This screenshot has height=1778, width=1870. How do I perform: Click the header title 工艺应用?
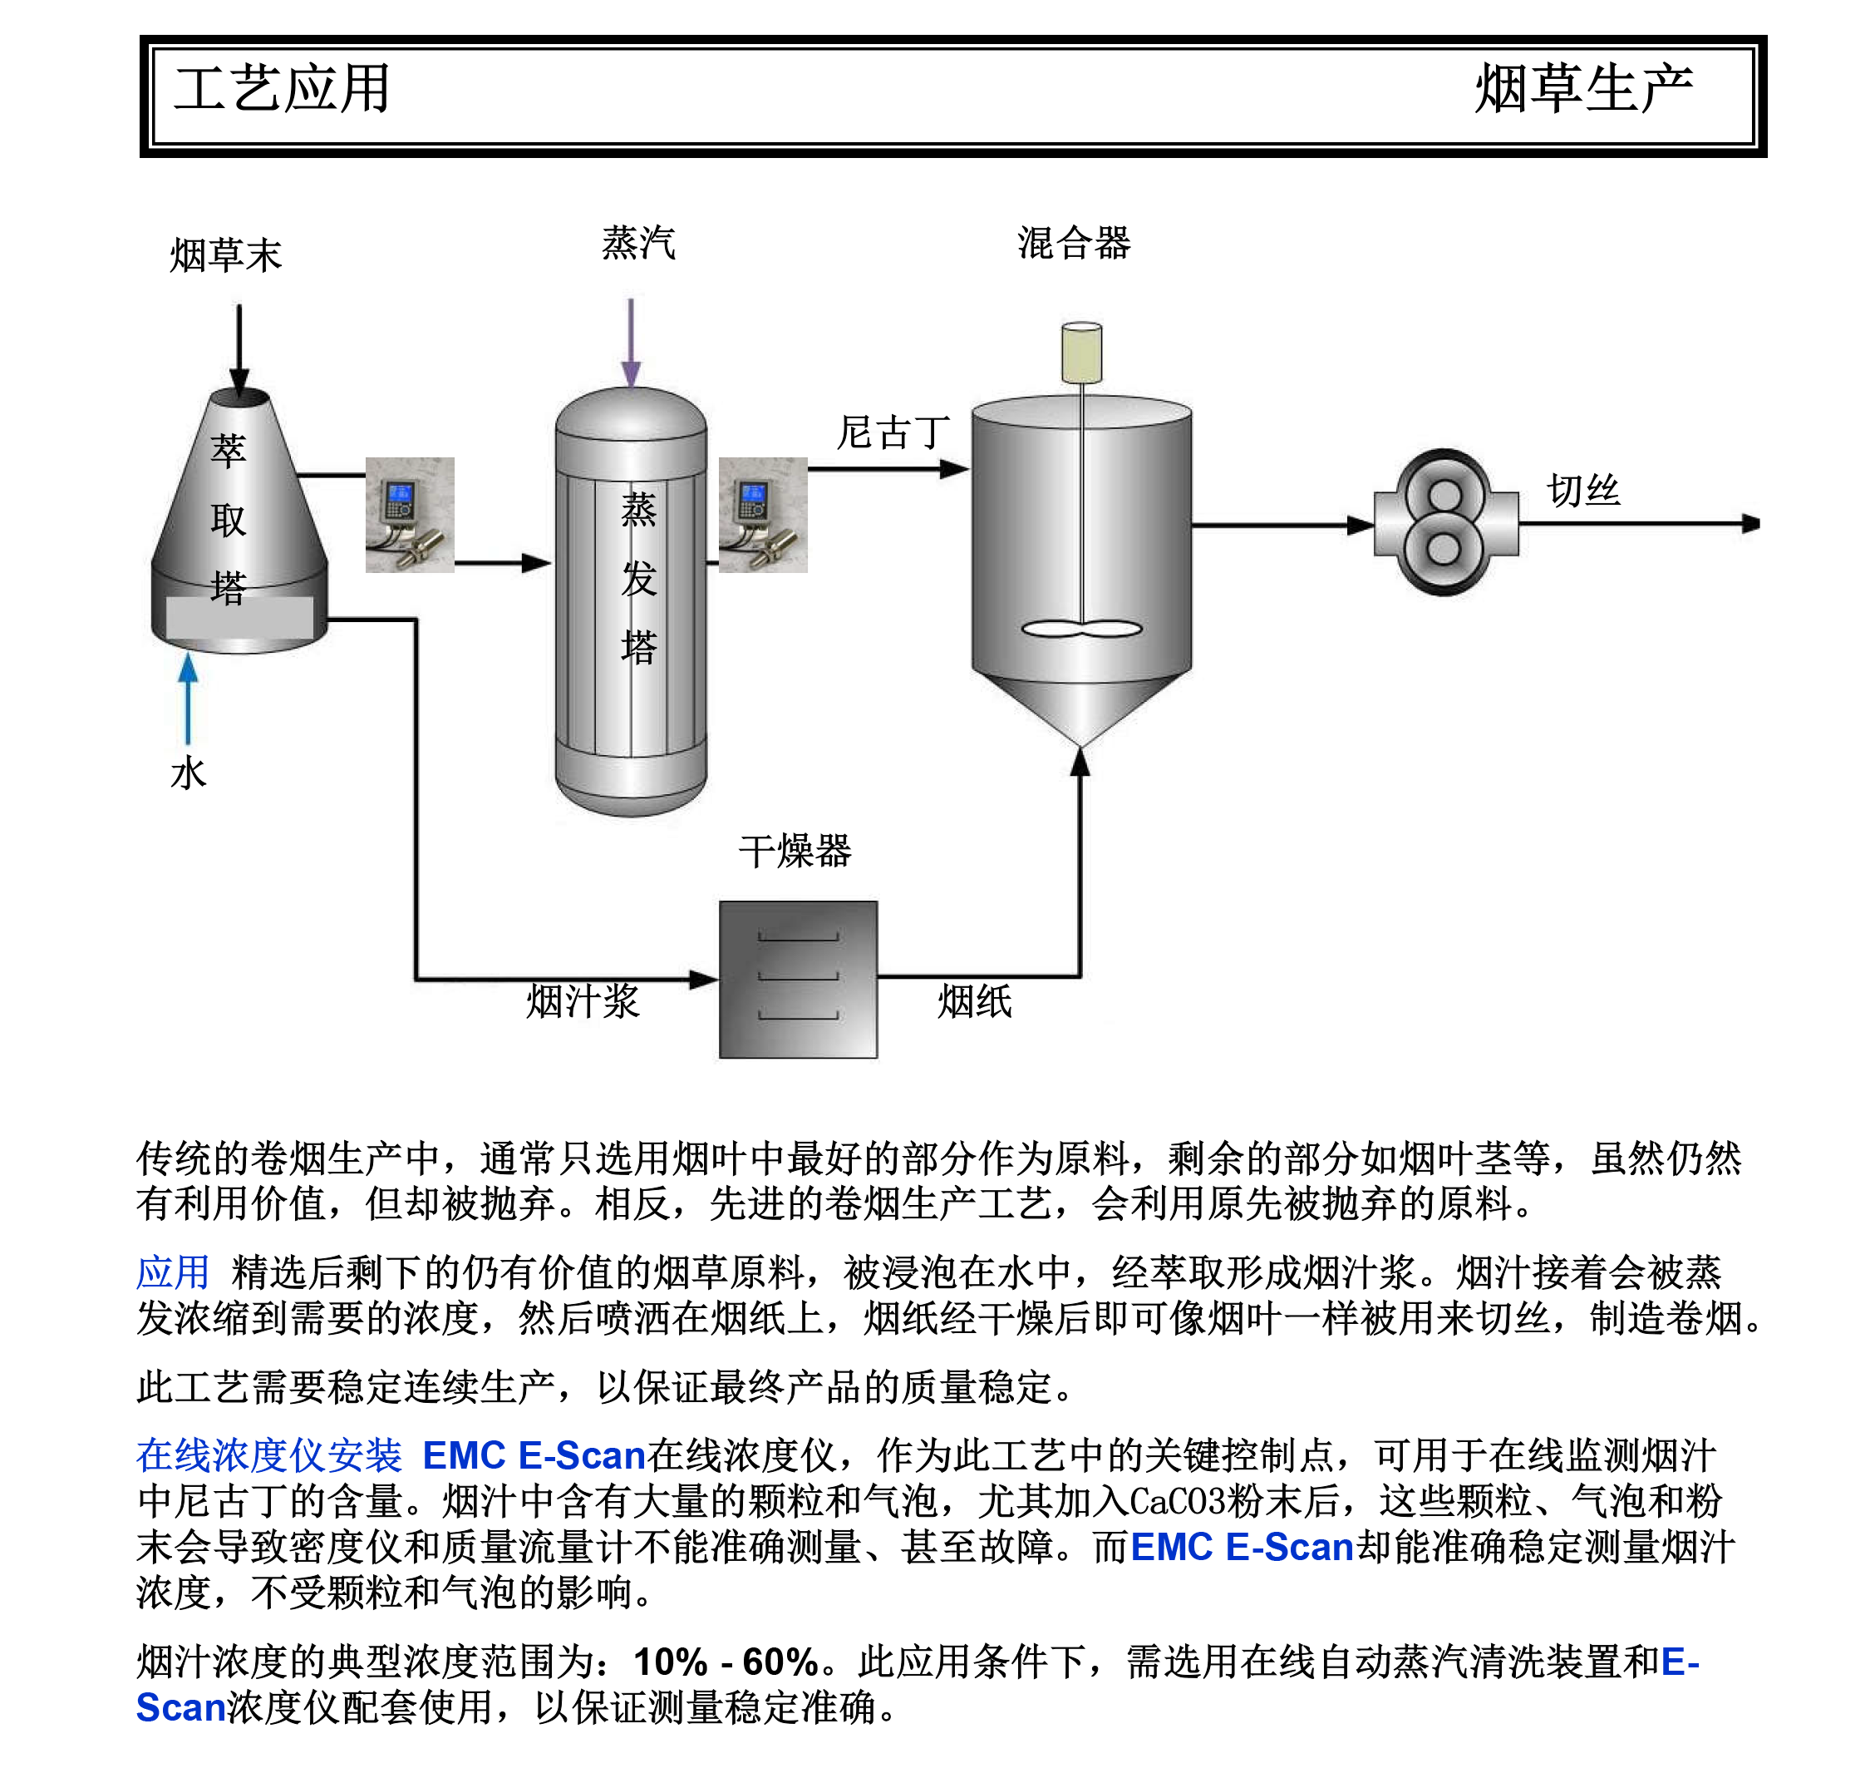pyautogui.click(x=282, y=89)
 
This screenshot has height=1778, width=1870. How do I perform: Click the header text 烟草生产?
pyautogui.click(x=1583, y=89)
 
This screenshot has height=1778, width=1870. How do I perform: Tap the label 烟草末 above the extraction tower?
pyautogui.click(x=225, y=255)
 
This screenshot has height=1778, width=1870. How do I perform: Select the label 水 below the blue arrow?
pyautogui.click(x=188, y=773)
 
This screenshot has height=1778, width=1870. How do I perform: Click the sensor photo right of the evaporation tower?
pyautogui.click(x=763, y=515)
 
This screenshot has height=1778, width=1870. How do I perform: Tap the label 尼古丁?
pyautogui.click(x=893, y=432)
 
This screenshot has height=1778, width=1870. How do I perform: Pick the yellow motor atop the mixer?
pyautogui.click(x=1081, y=352)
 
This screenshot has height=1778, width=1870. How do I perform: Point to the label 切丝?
pyautogui.click(x=1583, y=490)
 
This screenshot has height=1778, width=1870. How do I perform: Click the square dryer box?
pyautogui.click(x=798, y=979)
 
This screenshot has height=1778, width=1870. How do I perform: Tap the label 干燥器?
pyautogui.click(x=795, y=850)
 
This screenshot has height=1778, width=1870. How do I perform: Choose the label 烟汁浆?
pyautogui.click(x=583, y=1000)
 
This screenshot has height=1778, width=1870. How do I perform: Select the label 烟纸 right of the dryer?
pyautogui.click(x=974, y=1000)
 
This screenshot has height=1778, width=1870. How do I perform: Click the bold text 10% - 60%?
pyautogui.click(x=726, y=1662)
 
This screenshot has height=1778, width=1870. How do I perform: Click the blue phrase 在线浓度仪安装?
pyautogui.click(x=269, y=1455)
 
